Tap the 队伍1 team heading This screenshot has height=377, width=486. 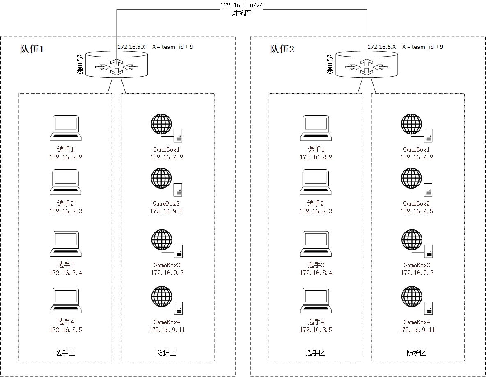click(x=32, y=50)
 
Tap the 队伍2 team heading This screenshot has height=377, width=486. click(x=282, y=50)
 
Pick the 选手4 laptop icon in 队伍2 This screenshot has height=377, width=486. click(x=316, y=300)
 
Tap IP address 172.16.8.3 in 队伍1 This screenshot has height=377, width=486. click(x=66, y=211)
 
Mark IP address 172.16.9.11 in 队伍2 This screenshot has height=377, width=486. click(x=417, y=330)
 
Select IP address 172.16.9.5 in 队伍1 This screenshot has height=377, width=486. click(x=166, y=211)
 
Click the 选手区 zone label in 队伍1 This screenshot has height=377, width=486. click(x=65, y=353)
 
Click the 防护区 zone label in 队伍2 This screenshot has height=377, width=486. click(x=417, y=353)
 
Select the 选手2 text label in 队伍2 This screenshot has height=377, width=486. click(x=316, y=203)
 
